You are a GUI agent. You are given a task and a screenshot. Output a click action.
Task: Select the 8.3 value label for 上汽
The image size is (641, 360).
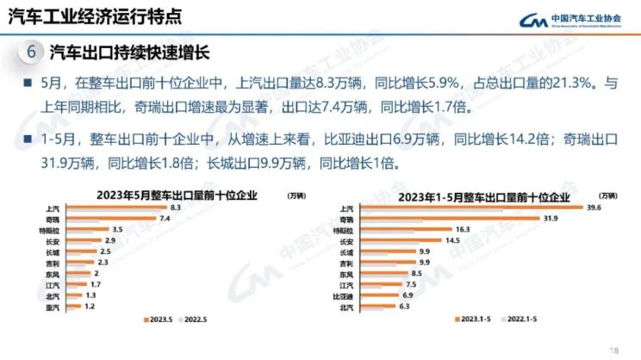(175, 208)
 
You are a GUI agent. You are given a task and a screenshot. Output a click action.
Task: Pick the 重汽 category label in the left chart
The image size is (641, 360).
(53, 307)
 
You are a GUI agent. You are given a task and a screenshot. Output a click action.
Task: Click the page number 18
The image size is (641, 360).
(614, 350)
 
